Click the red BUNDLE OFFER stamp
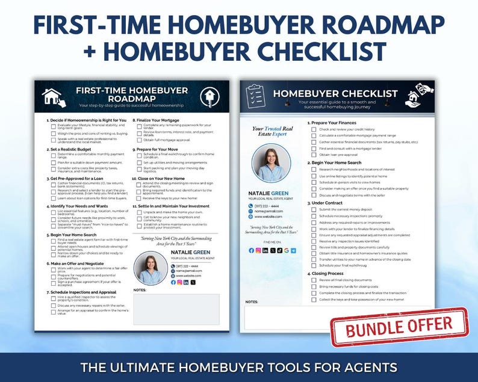pos(399,328)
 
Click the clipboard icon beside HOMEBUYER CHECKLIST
pos(255,96)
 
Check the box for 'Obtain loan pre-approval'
pos(314,155)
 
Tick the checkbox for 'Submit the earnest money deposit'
pos(314,209)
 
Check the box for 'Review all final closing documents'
pos(314,280)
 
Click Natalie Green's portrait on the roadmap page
pos(149,268)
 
